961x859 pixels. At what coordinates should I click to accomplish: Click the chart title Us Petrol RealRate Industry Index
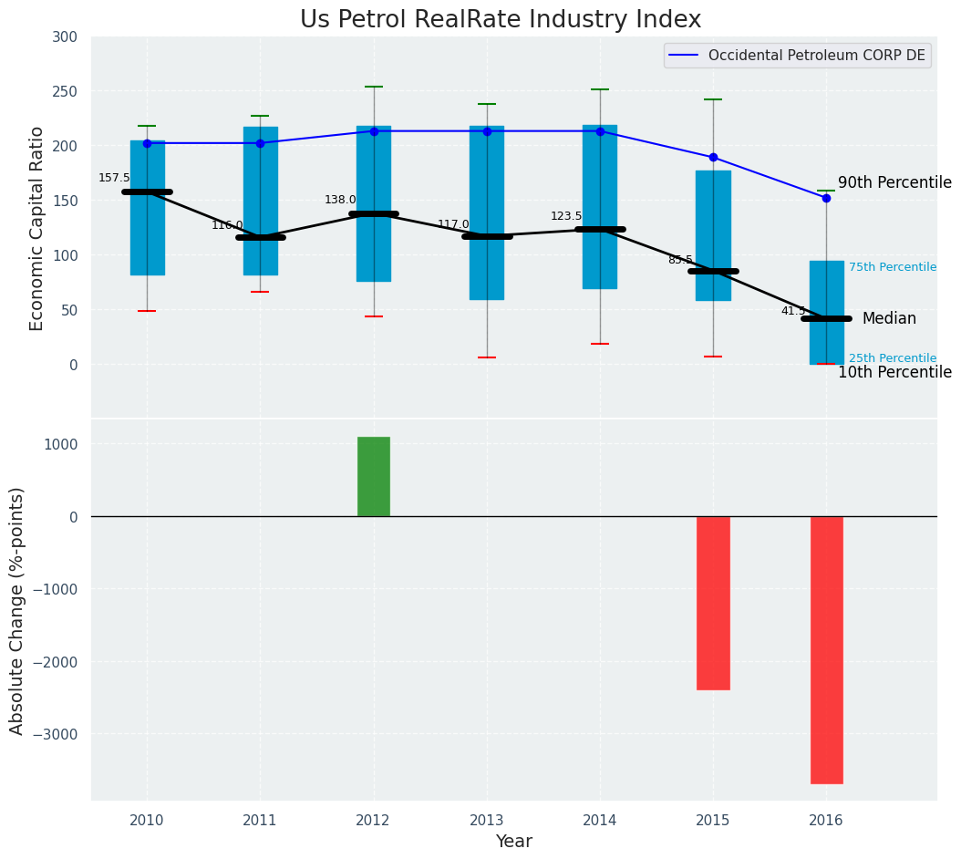501,20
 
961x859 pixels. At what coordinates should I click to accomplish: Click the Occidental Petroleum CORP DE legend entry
816,56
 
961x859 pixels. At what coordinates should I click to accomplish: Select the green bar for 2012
374,476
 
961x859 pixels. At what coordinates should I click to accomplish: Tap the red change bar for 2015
713,602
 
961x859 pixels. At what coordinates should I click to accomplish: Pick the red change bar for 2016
826,649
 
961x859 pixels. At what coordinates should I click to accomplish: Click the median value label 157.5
114,178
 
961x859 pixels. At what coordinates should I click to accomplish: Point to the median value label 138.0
340,200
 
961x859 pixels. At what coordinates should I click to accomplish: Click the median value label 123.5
566,216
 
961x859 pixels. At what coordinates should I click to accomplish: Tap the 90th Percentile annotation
894,183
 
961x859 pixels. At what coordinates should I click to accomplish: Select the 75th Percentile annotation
893,267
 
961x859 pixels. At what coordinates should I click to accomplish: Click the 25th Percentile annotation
893,358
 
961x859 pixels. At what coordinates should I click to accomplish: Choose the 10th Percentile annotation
894,373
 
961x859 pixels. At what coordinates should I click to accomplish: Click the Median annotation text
889,319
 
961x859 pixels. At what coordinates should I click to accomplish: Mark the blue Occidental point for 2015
713,157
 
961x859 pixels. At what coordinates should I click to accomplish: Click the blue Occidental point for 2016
826,198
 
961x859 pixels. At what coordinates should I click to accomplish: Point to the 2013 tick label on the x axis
487,821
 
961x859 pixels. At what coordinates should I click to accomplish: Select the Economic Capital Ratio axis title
37,229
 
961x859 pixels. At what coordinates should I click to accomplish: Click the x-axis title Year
514,842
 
